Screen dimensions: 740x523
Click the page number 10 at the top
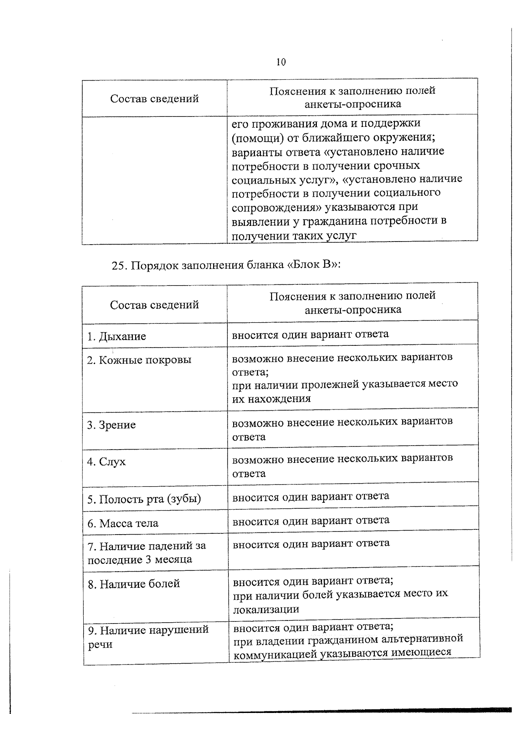pyautogui.click(x=281, y=62)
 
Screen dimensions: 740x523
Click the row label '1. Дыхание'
pyautogui.click(x=116, y=337)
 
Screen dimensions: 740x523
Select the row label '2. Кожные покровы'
pyautogui.click(x=139, y=360)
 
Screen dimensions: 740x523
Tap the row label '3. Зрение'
pyautogui.click(x=112, y=425)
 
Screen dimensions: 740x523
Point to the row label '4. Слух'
pyautogui.click(x=106, y=462)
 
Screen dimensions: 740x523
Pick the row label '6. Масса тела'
pyautogui.click(x=123, y=523)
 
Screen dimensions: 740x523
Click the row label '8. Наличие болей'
pyautogui.click(x=134, y=584)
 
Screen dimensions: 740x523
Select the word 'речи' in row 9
pyautogui.click(x=100, y=645)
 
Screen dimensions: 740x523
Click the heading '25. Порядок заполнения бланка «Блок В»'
pyautogui.click(x=226, y=266)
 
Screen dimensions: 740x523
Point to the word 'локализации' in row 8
pyautogui.click(x=266, y=609)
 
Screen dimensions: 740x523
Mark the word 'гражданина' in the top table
pyautogui.click(x=331, y=221)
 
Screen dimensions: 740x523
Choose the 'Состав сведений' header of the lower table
pyautogui.click(x=154, y=305)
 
